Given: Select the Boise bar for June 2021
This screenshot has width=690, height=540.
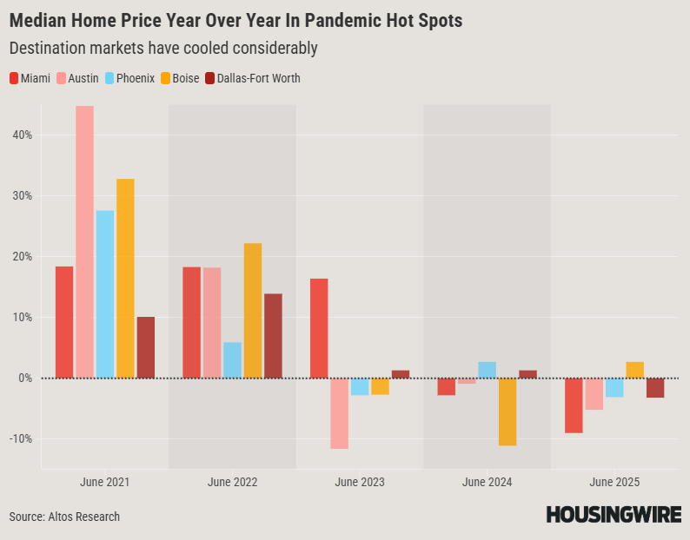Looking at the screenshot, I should (125, 278).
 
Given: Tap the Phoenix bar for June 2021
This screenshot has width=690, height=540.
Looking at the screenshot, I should (105, 293).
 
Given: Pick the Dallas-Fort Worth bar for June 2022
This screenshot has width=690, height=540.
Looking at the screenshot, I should (273, 335).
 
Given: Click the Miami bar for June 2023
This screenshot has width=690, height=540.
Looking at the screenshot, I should (319, 328).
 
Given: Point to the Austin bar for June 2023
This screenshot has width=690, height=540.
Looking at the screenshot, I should (339, 413).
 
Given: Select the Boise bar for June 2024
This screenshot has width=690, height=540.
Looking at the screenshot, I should (508, 412).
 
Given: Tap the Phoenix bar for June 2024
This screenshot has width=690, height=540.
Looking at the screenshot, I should (488, 370).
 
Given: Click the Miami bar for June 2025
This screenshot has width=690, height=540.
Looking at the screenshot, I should (574, 405).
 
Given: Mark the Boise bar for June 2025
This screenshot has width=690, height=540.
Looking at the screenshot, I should (635, 370).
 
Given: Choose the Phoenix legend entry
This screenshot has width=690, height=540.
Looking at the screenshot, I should (129, 78).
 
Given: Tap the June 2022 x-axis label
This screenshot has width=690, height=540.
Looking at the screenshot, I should (232, 481).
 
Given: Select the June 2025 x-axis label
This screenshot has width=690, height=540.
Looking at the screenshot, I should (614, 481).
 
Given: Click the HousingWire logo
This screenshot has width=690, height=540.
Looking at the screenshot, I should (614, 515).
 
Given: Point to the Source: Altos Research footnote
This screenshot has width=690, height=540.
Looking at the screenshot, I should (64, 517).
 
